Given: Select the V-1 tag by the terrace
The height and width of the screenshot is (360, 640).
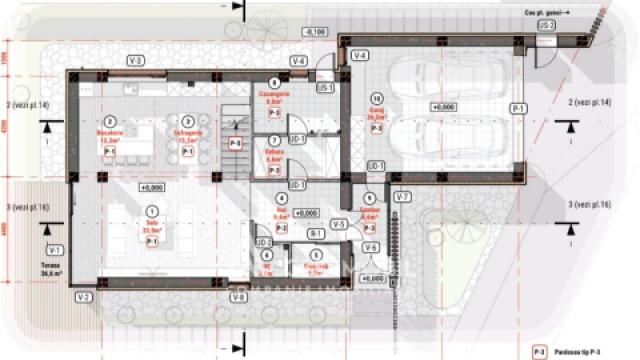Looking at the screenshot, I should coord(55,249).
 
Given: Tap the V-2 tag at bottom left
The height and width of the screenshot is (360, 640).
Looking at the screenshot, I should coord(83,297).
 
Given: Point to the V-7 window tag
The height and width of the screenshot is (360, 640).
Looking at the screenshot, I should coord(402,196).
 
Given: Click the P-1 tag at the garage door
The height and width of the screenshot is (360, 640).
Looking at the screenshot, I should coord(518,108).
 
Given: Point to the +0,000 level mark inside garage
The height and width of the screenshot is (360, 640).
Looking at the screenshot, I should coord(441,106).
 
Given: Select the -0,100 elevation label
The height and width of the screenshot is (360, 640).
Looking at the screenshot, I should coord(316,32).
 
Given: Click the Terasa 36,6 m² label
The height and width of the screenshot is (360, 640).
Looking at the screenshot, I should coord(50,271).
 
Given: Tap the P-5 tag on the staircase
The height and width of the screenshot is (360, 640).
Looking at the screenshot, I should coord(235,144).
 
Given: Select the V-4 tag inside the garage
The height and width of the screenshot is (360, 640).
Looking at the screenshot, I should coord(360,54).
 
